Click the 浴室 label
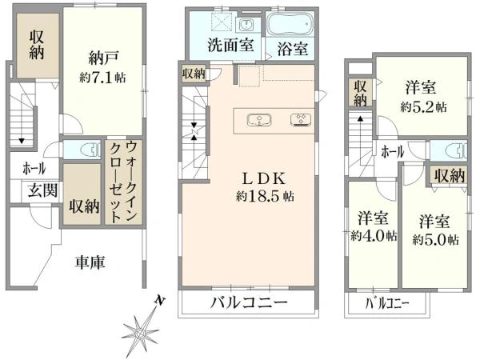[293, 49]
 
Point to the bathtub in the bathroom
[290, 22]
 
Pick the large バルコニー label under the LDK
[247, 303]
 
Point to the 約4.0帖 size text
[374, 236]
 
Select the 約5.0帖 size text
[434, 238]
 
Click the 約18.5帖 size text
[255, 195]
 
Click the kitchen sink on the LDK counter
[259, 120]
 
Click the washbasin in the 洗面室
[246, 22]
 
